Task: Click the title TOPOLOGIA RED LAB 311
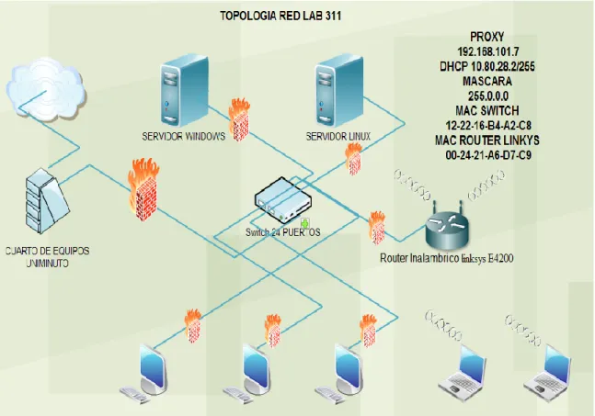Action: point(280,16)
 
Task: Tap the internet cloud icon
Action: point(46,90)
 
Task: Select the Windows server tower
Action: point(185,91)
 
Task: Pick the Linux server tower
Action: point(339,91)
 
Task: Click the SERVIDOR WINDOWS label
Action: point(184,137)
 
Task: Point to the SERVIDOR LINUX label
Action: point(338,137)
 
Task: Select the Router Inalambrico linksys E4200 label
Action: point(447,258)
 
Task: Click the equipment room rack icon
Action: point(46,201)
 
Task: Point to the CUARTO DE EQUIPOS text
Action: point(48,251)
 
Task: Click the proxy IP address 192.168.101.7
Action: point(488,51)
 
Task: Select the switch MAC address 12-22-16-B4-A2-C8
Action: point(488,126)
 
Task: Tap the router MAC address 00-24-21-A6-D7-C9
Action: point(488,155)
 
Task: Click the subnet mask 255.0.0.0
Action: point(488,96)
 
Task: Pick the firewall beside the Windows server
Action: point(239,119)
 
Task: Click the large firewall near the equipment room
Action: point(143,190)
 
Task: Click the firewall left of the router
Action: point(377,228)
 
